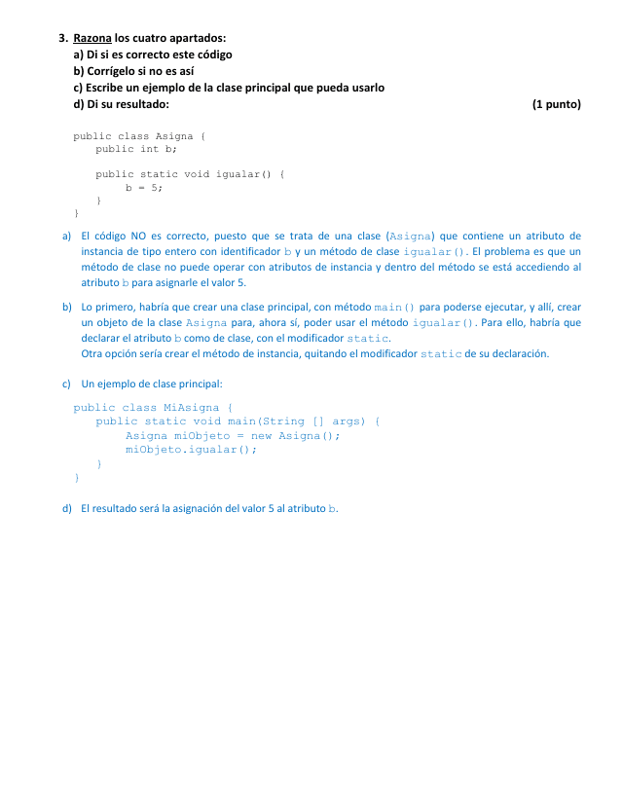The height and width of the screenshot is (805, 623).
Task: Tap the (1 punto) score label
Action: coord(556,104)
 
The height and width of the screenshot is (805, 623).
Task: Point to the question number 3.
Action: coord(62,38)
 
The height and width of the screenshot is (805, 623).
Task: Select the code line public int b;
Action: coord(136,149)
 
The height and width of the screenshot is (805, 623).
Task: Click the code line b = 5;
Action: coord(144,186)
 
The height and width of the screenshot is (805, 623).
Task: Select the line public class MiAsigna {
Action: coord(153,407)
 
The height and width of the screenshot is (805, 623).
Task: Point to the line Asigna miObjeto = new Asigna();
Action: coord(233,435)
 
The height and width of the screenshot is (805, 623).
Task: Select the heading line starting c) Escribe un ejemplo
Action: coord(229,88)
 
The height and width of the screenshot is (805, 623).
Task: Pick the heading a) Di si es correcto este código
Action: coord(153,55)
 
